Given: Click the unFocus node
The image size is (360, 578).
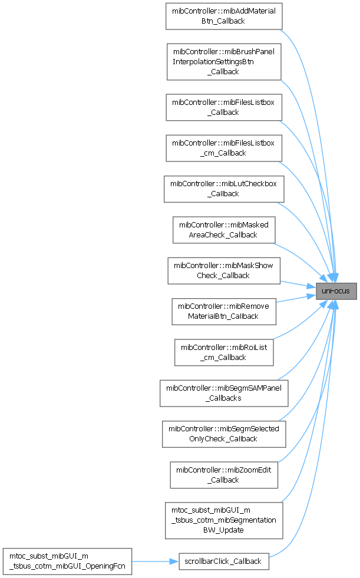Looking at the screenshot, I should click(336, 291).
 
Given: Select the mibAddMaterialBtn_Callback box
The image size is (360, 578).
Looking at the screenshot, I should click(224, 16).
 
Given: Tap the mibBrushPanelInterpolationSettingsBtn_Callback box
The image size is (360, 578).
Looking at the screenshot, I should click(224, 61).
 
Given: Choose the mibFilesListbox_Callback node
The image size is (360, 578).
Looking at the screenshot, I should click(224, 107).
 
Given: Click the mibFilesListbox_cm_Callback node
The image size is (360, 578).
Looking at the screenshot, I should click(224, 148).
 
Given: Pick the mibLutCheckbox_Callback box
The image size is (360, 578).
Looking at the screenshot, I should click(224, 189).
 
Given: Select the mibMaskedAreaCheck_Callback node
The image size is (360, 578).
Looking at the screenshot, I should click(224, 229).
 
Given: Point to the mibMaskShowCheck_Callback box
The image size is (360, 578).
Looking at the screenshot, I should click(224, 270).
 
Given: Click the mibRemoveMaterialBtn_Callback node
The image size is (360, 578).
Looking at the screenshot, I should click(224, 311).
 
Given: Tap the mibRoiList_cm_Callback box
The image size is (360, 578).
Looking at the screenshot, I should click(224, 352).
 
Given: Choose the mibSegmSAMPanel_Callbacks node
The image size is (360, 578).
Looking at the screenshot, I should click(224, 393).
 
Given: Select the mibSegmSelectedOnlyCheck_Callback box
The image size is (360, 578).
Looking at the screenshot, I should click(224, 434).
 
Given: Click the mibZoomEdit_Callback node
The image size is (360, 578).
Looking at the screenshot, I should click(224, 474).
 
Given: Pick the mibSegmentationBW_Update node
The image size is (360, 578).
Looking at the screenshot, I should click(224, 520).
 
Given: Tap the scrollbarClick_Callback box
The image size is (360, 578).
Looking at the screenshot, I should click(224, 561).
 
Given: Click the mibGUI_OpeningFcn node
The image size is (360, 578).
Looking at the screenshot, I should click(67, 561).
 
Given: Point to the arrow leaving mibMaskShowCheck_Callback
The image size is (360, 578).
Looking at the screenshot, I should click(298, 284).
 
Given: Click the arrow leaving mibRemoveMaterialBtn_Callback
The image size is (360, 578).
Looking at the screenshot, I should click(295, 298).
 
